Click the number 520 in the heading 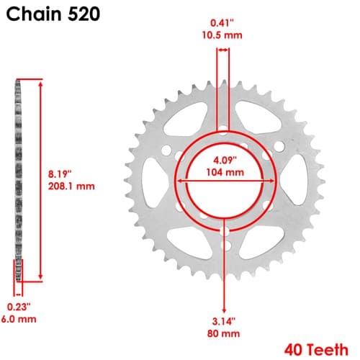click(84, 14)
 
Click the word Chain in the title click(34, 14)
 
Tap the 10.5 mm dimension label click(222, 35)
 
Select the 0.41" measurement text click(222, 23)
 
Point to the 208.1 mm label click(71, 186)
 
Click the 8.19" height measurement click(60, 174)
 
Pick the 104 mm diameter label click(225, 172)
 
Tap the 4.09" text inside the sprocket click(225, 160)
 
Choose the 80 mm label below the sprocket click(223, 333)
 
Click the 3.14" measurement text click(224, 321)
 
